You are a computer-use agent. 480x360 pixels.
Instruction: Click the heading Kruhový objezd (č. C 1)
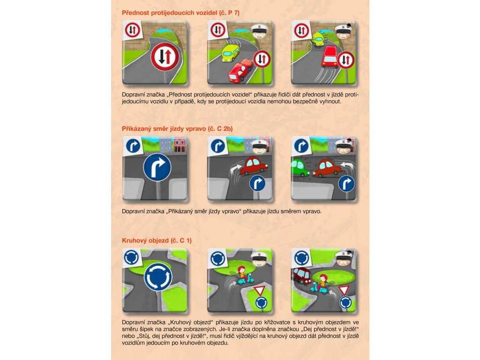coord(157,240)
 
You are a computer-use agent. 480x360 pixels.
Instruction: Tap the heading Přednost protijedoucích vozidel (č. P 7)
coord(180,13)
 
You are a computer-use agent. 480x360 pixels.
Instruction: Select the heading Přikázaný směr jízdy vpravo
coord(164,129)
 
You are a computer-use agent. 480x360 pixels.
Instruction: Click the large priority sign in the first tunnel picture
coord(165,57)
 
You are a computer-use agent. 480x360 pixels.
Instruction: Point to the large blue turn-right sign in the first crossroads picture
coord(157,167)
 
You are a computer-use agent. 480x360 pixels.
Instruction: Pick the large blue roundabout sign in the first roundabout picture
coord(158,277)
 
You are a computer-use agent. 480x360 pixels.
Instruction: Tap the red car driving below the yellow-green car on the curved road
coord(241,71)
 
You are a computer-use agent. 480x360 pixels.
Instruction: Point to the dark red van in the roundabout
coord(302,276)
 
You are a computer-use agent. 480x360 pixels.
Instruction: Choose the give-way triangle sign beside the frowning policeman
coord(344,290)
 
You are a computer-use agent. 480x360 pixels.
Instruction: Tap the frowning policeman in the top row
coord(345,34)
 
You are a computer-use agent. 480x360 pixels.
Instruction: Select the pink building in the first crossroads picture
coord(180,144)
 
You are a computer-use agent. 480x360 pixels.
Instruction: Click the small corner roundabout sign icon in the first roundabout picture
coord(132,257)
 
